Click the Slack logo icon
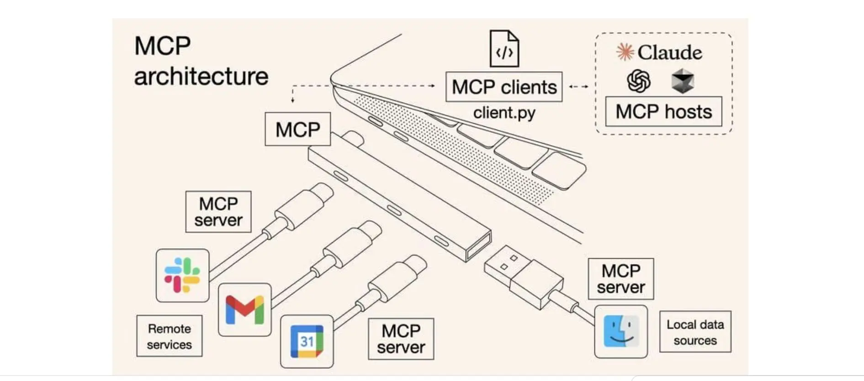[x=182, y=275]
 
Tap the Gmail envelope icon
[x=245, y=309]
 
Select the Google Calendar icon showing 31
[x=307, y=341]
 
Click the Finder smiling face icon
[x=620, y=332]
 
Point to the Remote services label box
[x=169, y=336]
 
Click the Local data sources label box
[x=694, y=332]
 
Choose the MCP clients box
[x=504, y=87]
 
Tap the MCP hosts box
[x=663, y=111]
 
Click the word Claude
[x=669, y=52]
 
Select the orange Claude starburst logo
[x=625, y=52]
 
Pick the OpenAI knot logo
[x=638, y=81]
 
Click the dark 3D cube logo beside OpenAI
[x=682, y=81]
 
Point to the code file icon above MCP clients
[x=504, y=49]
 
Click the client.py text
[x=504, y=113]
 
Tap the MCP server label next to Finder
[x=620, y=279]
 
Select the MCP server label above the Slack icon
[x=218, y=212]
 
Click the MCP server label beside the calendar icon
[x=401, y=339]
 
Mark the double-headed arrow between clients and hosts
[x=578, y=86]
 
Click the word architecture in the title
[x=201, y=76]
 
